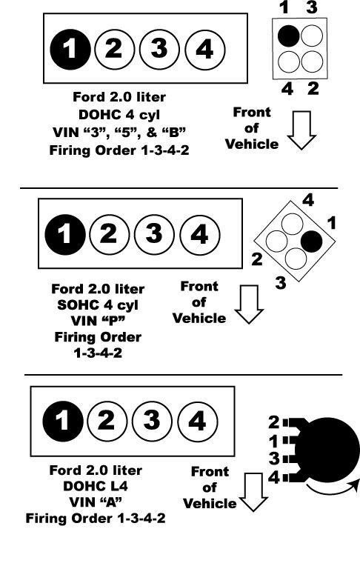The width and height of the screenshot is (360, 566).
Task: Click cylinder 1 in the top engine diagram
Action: pyautogui.click(x=70, y=49)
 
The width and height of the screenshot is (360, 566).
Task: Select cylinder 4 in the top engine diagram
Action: pyautogui.click(x=204, y=49)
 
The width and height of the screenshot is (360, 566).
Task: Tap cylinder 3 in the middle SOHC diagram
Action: pyautogui.click(x=154, y=235)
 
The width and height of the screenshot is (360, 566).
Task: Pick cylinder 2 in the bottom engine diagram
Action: pyautogui.click(x=107, y=422)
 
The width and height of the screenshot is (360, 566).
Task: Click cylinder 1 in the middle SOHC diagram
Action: pyautogui.click(x=65, y=235)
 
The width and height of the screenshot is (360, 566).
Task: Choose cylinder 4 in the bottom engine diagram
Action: pyautogui.click(x=198, y=422)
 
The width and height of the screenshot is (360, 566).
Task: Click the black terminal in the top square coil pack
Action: pyautogui.click(x=288, y=36)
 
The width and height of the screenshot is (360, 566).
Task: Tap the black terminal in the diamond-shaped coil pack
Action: pyautogui.click(x=311, y=241)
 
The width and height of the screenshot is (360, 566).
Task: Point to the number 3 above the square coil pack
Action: pyautogui.click(x=312, y=7)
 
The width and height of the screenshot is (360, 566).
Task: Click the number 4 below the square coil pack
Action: pyautogui.click(x=287, y=88)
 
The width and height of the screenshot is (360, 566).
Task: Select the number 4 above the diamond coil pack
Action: pyautogui.click(x=308, y=200)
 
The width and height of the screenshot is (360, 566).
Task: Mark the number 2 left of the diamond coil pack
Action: pyautogui.click(x=257, y=259)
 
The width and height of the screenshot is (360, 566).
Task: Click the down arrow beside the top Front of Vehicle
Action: pyautogui.click(x=301, y=130)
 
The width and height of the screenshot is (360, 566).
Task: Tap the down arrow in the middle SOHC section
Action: pyautogui.click(x=249, y=304)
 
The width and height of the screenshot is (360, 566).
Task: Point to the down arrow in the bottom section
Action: pyautogui.click(x=253, y=492)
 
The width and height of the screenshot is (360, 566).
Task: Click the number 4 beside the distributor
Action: pyautogui.click(x=274, y=478)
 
